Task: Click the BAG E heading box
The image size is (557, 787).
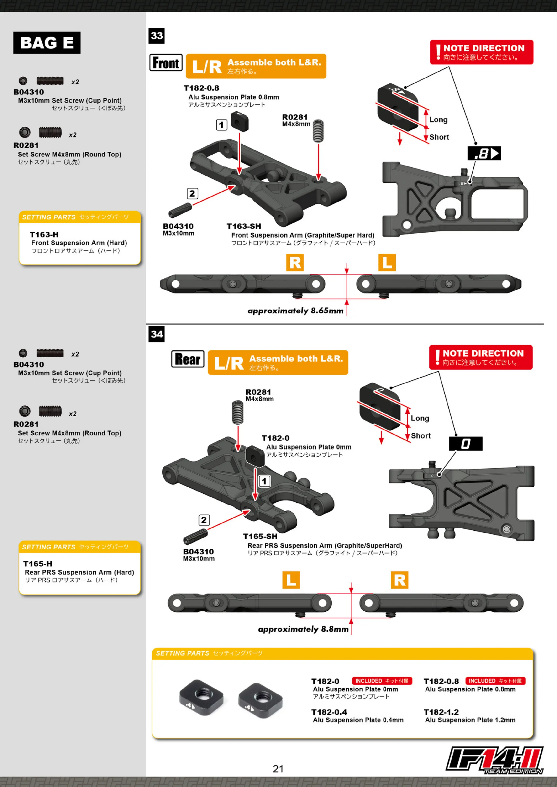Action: click(47, 43)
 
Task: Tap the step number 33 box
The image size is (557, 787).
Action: click(156, 36)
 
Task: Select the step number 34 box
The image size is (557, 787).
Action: click(156, 334)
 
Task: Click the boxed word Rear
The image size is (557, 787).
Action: click(188, 359)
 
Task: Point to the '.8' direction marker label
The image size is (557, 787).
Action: click(484, 153)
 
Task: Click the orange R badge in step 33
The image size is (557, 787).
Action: click(295, 263)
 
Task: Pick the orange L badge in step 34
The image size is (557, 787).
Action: click(291, 580)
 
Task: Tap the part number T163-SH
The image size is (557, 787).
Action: click(244, 226)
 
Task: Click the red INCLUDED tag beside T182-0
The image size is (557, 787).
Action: click(382, 681)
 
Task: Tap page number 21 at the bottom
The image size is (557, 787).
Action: click(278, 769)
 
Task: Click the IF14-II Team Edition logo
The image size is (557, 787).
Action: click(494, 760)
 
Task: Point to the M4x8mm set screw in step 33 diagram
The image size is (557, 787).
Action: click(318, 131)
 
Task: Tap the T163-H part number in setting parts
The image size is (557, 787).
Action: click(44, 234)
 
